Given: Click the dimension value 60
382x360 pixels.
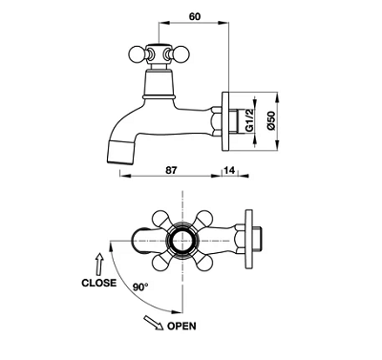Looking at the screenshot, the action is click(x=195, y=16).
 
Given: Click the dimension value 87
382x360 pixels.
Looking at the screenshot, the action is click(x=171, y=170).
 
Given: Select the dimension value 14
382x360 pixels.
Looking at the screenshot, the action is click(x=229, y=170).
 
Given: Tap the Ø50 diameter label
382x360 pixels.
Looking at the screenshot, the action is click(x=270, y=120).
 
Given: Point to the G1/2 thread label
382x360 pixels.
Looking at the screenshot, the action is click(x=249, y=119).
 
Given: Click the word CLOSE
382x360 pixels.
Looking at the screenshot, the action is click(x=99, y=283).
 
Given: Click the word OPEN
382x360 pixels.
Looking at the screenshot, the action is click(x=181, y=326).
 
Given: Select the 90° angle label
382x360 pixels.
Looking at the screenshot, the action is click(x=140, y=287).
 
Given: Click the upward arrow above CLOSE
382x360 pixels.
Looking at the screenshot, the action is click(x=100, y=265).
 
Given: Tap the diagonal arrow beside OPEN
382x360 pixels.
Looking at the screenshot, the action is click(x=154, y=322).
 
